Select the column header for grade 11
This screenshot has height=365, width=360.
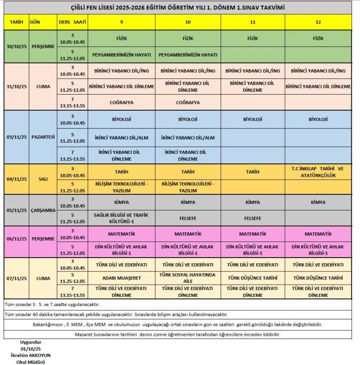pos(253,22)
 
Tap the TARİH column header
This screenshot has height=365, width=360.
pos(16,22)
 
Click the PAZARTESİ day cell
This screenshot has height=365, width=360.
pos(42,137)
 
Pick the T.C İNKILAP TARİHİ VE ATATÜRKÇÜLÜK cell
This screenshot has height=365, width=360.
pos(318,172)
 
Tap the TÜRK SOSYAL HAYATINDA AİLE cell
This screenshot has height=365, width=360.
pos(188,278)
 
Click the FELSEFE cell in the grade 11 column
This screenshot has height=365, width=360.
pos(253,218)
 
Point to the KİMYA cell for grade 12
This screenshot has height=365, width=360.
pos(318,202)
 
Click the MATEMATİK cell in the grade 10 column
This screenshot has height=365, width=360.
pos(188,234)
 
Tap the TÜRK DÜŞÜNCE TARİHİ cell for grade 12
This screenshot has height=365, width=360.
pos(318,278)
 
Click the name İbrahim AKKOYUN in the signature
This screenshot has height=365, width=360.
pos(31,355)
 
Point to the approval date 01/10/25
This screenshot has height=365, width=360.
pos(31,349)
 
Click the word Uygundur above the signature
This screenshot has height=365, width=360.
pos(31,342)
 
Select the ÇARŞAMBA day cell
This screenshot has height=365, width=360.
pos(42,210)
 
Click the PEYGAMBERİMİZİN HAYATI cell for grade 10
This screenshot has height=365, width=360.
pos(188,55)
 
